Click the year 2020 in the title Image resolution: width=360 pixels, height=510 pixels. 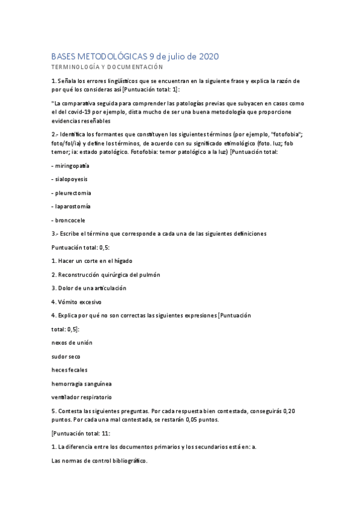[207, 56]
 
